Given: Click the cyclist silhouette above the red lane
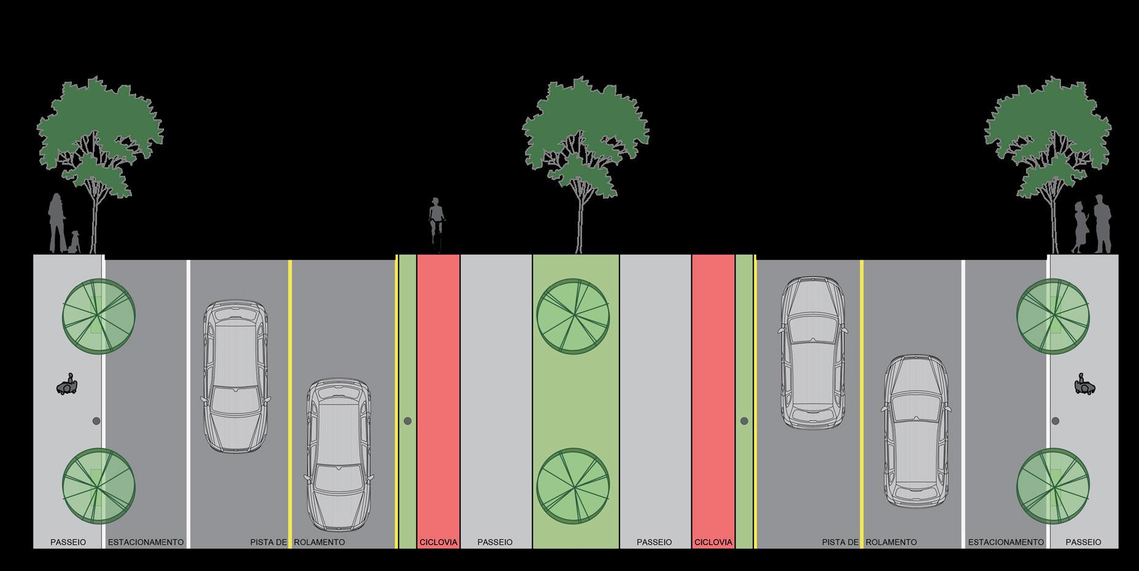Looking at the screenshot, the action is point(436,224).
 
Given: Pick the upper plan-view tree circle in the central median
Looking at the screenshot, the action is point(573,315).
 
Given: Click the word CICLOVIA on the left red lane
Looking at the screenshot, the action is point(438,542).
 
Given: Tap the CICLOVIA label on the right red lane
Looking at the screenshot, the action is point(713,542).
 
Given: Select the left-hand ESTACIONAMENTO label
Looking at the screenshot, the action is point(146,542).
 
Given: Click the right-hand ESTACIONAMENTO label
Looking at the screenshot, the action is point(1006,542).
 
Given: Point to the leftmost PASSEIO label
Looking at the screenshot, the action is point(68,542).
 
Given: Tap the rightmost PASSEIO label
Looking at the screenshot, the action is point(1083,542).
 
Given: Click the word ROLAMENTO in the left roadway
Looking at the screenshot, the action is point(320,542).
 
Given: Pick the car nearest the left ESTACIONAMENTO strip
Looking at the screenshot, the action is point(235,376).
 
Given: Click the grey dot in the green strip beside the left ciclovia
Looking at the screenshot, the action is point(407,421).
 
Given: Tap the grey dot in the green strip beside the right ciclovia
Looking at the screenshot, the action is point(744,421).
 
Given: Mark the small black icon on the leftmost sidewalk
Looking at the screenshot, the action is point(68,385).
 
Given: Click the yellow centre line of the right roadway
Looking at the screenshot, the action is point(861,400).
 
